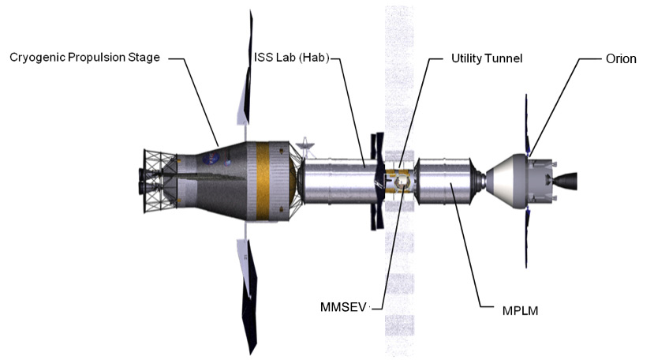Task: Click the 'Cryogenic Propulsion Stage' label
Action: pos(84,58)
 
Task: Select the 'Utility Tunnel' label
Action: pos(486,58)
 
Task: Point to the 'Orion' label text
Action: pos(621,58)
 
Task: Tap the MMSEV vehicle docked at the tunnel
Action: pos(402,183)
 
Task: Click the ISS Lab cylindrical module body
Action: pos(335,183)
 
